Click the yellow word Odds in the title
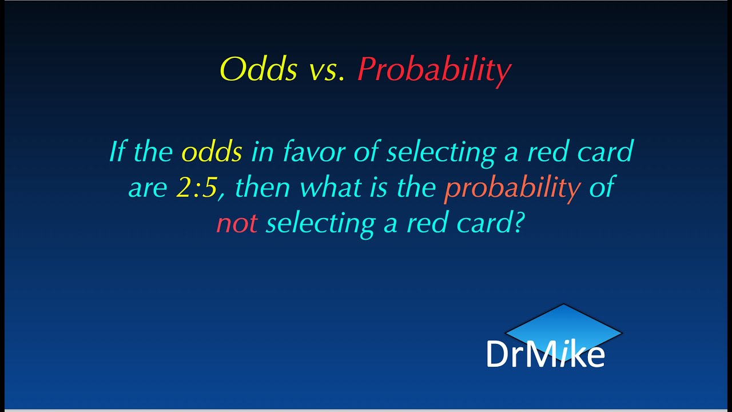point(258,70)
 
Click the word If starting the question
point(117,152)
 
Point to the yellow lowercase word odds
point(212,152)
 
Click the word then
point(264,188)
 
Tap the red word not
point(237,224)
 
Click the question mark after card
point(517,223)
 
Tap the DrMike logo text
point(545,355)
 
